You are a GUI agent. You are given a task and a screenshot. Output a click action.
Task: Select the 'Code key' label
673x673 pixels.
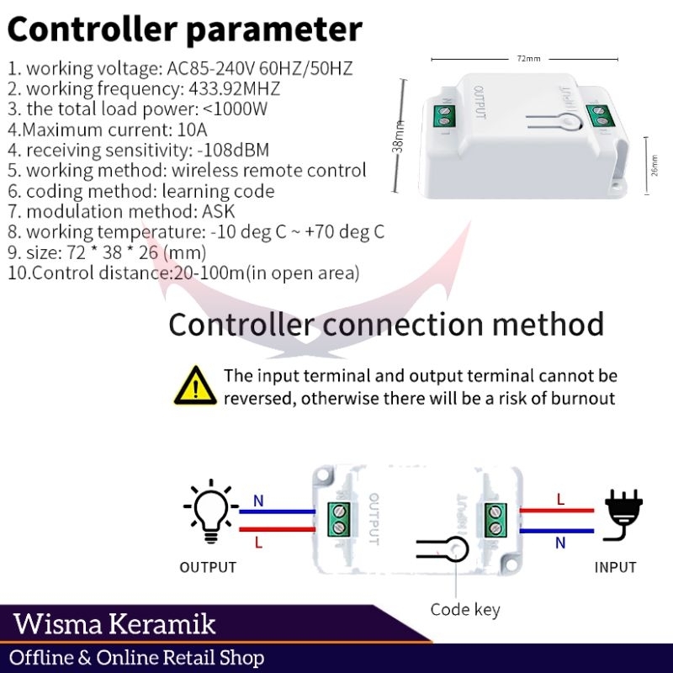[x=465, y=609]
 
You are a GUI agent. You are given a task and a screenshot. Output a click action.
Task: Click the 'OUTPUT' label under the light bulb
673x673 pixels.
[x=208, y=568]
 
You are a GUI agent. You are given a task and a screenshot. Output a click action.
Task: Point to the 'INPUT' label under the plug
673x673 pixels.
[x=615, y=568]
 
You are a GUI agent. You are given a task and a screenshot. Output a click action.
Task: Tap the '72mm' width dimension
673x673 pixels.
[x=528, y=59]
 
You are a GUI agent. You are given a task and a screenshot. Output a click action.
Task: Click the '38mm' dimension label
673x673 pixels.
[x=399, y=137]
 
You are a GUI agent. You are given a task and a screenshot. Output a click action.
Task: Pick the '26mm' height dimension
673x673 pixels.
[x=654, y=161]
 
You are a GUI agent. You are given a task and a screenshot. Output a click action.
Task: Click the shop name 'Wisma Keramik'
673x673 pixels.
[x=115, y=624]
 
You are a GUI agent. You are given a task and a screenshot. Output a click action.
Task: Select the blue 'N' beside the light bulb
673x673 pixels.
[x=258, y=501]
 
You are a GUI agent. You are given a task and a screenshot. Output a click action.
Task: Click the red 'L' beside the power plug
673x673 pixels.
[x=560, y=499]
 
